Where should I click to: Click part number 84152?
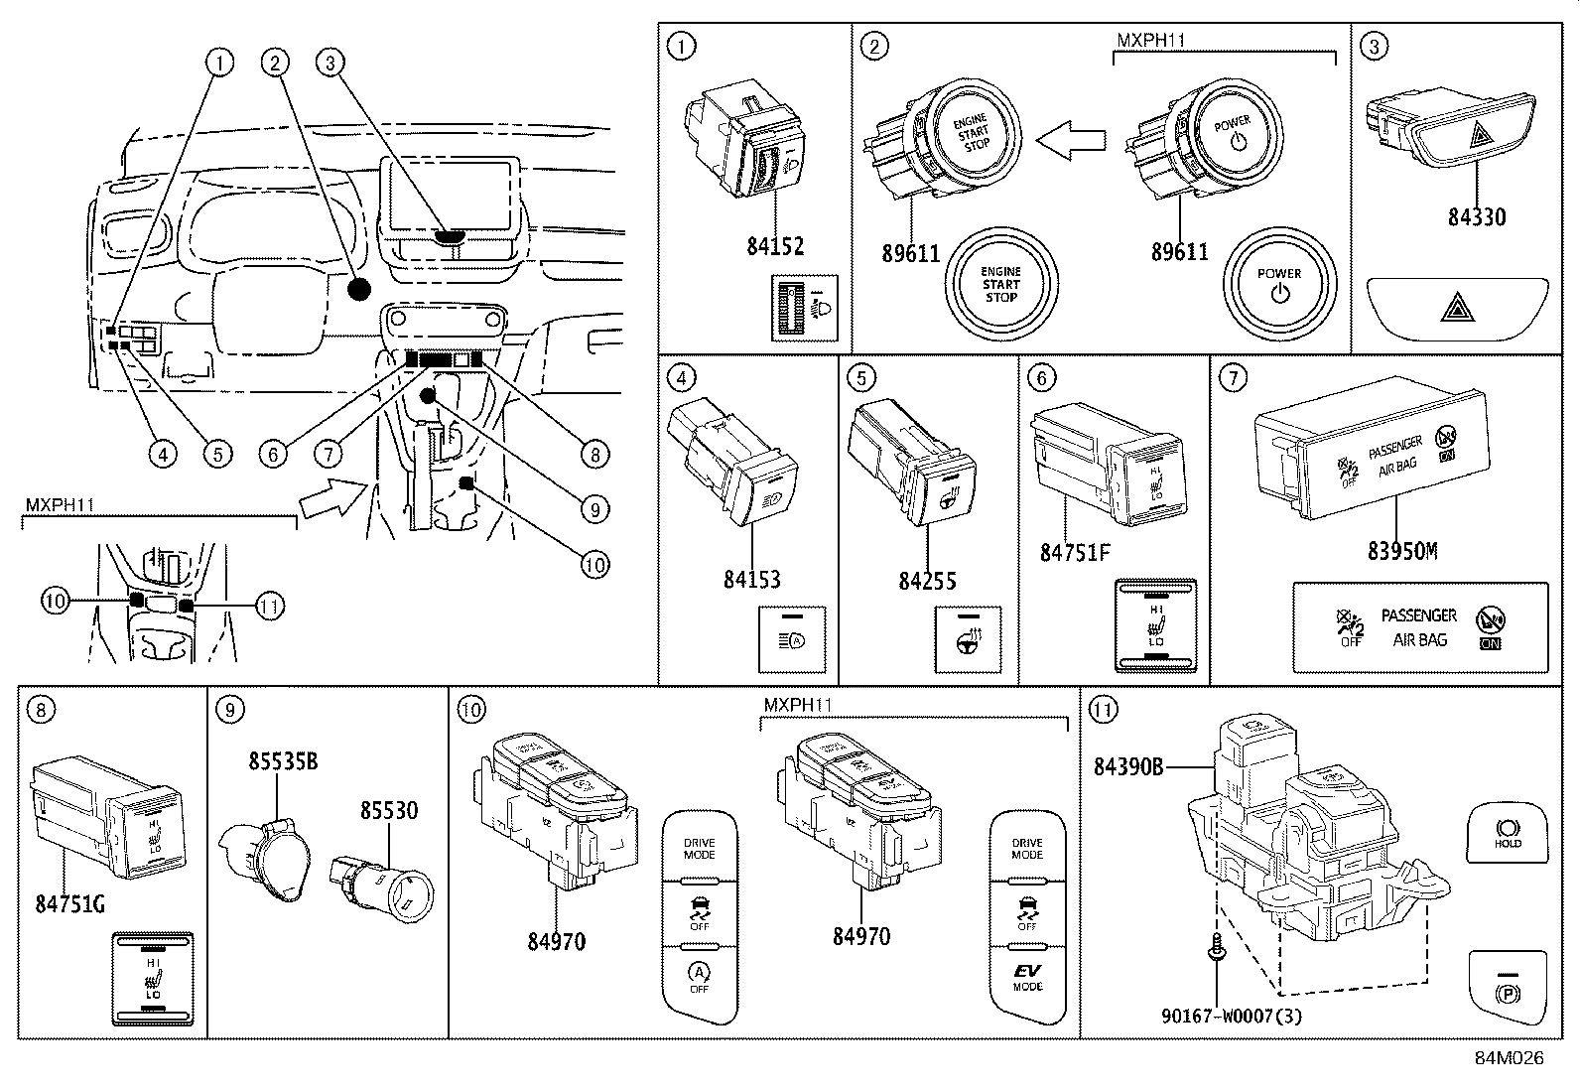tap(775, 245)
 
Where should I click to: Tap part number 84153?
tap(751, 578)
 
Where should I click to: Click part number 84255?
tap(927, 580)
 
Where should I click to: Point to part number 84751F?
tap(1074, 552)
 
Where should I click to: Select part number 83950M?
tap(1401, 550)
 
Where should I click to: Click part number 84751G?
tap(69, 904)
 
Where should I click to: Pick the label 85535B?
tap(283, 761)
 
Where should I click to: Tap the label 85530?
tap(388, 810)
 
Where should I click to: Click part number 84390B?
tap(1128, 766)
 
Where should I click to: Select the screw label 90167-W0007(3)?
tap(1232, 1016)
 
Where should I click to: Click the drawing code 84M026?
tap(1508, 1058)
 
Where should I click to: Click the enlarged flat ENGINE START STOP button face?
tap(1000, 285)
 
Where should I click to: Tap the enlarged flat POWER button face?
tap(1278, 285)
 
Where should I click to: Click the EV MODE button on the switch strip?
tap(1027, 977)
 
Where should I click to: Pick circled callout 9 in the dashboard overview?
tap(592, 509)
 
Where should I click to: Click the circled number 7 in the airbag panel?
tap(1231, 378)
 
